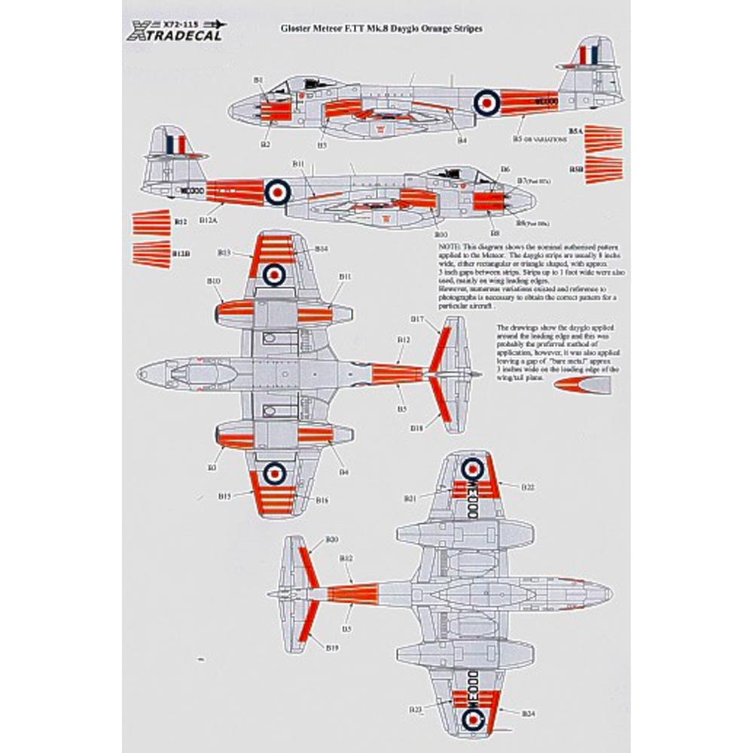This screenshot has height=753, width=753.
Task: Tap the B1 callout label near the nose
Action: coord(258,79)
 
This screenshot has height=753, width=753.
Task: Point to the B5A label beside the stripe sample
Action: coord(575,130)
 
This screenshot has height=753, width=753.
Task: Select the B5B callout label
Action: coord(575,169)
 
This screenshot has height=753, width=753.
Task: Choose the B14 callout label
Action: coord(321,248)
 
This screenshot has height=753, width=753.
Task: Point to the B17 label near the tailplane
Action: coord(418,319)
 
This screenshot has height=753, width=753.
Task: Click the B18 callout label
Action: coord(418,427)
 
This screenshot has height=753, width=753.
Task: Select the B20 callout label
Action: coord(332,539)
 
